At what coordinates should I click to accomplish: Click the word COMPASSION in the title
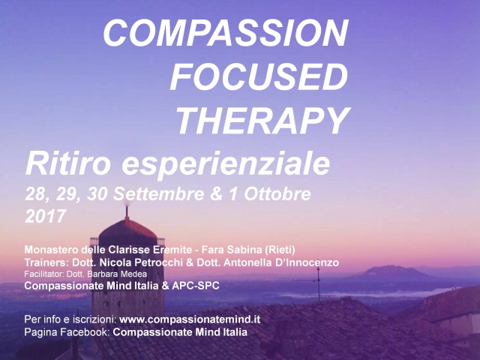(x=225, y=33)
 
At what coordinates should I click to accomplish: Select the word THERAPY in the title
(x=262, y=120)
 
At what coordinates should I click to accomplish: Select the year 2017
(x=46, y=216)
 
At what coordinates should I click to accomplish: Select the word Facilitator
(x=43, y=274)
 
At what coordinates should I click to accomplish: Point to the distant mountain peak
(x=389, y=268)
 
